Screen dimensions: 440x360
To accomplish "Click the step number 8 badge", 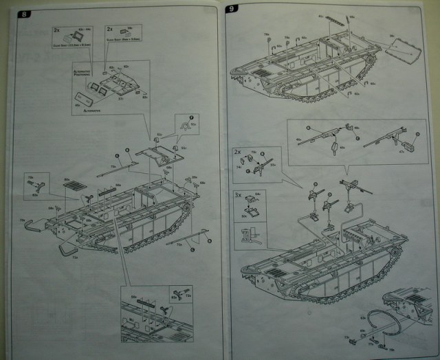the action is point(27,14).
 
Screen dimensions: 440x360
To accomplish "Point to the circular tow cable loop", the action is point(377,319).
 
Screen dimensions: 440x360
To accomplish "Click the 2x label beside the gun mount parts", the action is point(237,151).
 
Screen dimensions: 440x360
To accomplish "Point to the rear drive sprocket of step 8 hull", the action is point(187,207).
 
